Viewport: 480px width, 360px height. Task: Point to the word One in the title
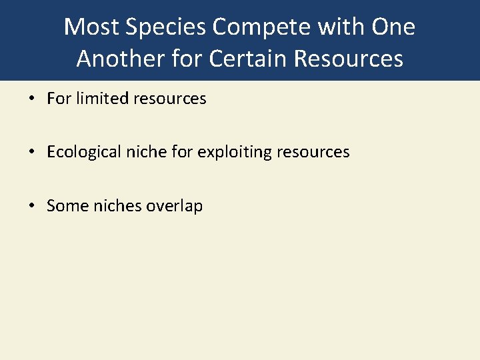(x=393, y=27)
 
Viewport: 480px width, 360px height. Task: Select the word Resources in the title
(x=349, y=59)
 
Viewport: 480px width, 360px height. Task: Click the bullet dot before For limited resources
(x=32, y=99)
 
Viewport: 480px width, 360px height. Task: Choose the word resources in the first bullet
(x=170, y=99)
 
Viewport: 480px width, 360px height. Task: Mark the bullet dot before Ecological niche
(x=32, y=153)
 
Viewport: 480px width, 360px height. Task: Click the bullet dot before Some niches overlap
(x=32, y=206)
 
